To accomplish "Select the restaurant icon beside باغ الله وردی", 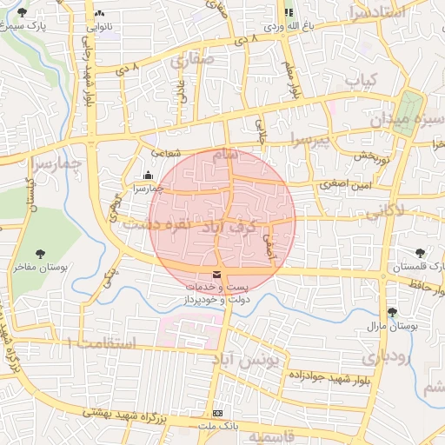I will coord(288,12).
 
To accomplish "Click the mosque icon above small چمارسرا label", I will coord(147,174).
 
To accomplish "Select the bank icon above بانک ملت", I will coord(217,413).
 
